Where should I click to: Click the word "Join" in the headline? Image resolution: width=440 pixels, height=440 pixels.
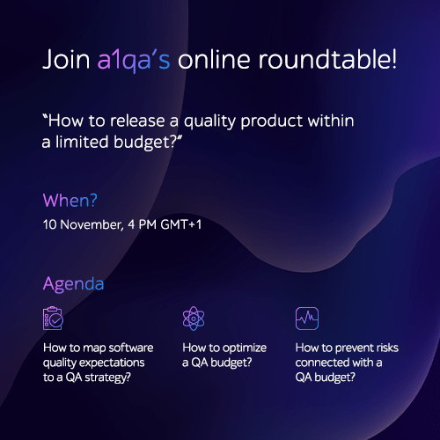(x=66, y=60)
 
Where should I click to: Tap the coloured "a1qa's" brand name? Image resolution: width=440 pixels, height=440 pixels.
(x=134, y=61)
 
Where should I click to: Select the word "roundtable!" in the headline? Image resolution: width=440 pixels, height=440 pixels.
(x=327, y=59)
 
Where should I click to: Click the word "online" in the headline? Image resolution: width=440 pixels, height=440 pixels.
(x=214, y=59)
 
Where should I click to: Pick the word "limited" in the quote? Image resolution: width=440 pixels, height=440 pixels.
(x=82, y=142)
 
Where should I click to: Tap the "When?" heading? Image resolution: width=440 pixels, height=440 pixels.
(x=70, y=201)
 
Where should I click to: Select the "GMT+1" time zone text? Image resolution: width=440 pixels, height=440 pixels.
(x=181, y=224)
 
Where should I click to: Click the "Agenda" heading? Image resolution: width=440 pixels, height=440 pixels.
(x=73, y=284)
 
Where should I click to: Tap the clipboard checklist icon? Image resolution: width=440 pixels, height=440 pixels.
(x=53, y=319)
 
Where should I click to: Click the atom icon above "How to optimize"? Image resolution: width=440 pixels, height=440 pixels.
(x=194, y=319)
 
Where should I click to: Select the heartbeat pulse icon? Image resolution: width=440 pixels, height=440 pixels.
(x=307, y=319)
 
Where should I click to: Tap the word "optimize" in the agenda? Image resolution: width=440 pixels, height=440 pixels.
(x=245, y=348)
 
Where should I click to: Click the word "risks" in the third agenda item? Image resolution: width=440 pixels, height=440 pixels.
(x=387, y=348)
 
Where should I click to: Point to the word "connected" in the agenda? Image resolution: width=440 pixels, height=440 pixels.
(x=322, y=363)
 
